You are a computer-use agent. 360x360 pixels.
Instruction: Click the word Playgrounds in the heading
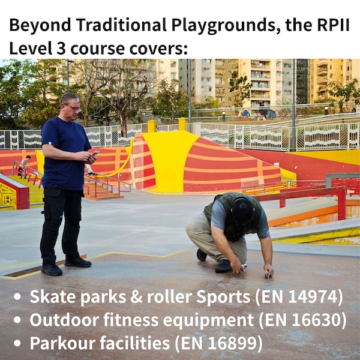click(223, 25)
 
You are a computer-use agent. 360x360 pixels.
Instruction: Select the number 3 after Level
click(61, 49)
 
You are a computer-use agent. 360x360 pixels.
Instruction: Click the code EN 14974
click(299, 296)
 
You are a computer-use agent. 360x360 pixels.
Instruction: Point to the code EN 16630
click(302, 320)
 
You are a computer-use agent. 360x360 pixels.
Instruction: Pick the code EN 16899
click(218, 343)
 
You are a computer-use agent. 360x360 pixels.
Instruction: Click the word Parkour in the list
click(62, 343)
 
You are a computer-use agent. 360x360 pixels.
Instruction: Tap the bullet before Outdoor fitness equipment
click(17, 320)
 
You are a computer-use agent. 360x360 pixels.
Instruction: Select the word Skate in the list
click(53, 296)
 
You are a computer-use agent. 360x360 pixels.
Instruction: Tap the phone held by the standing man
click(95, 153)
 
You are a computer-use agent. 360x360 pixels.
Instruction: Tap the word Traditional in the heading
click(121, 25)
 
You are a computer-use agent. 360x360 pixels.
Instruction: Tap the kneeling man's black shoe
click(223, 266)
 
